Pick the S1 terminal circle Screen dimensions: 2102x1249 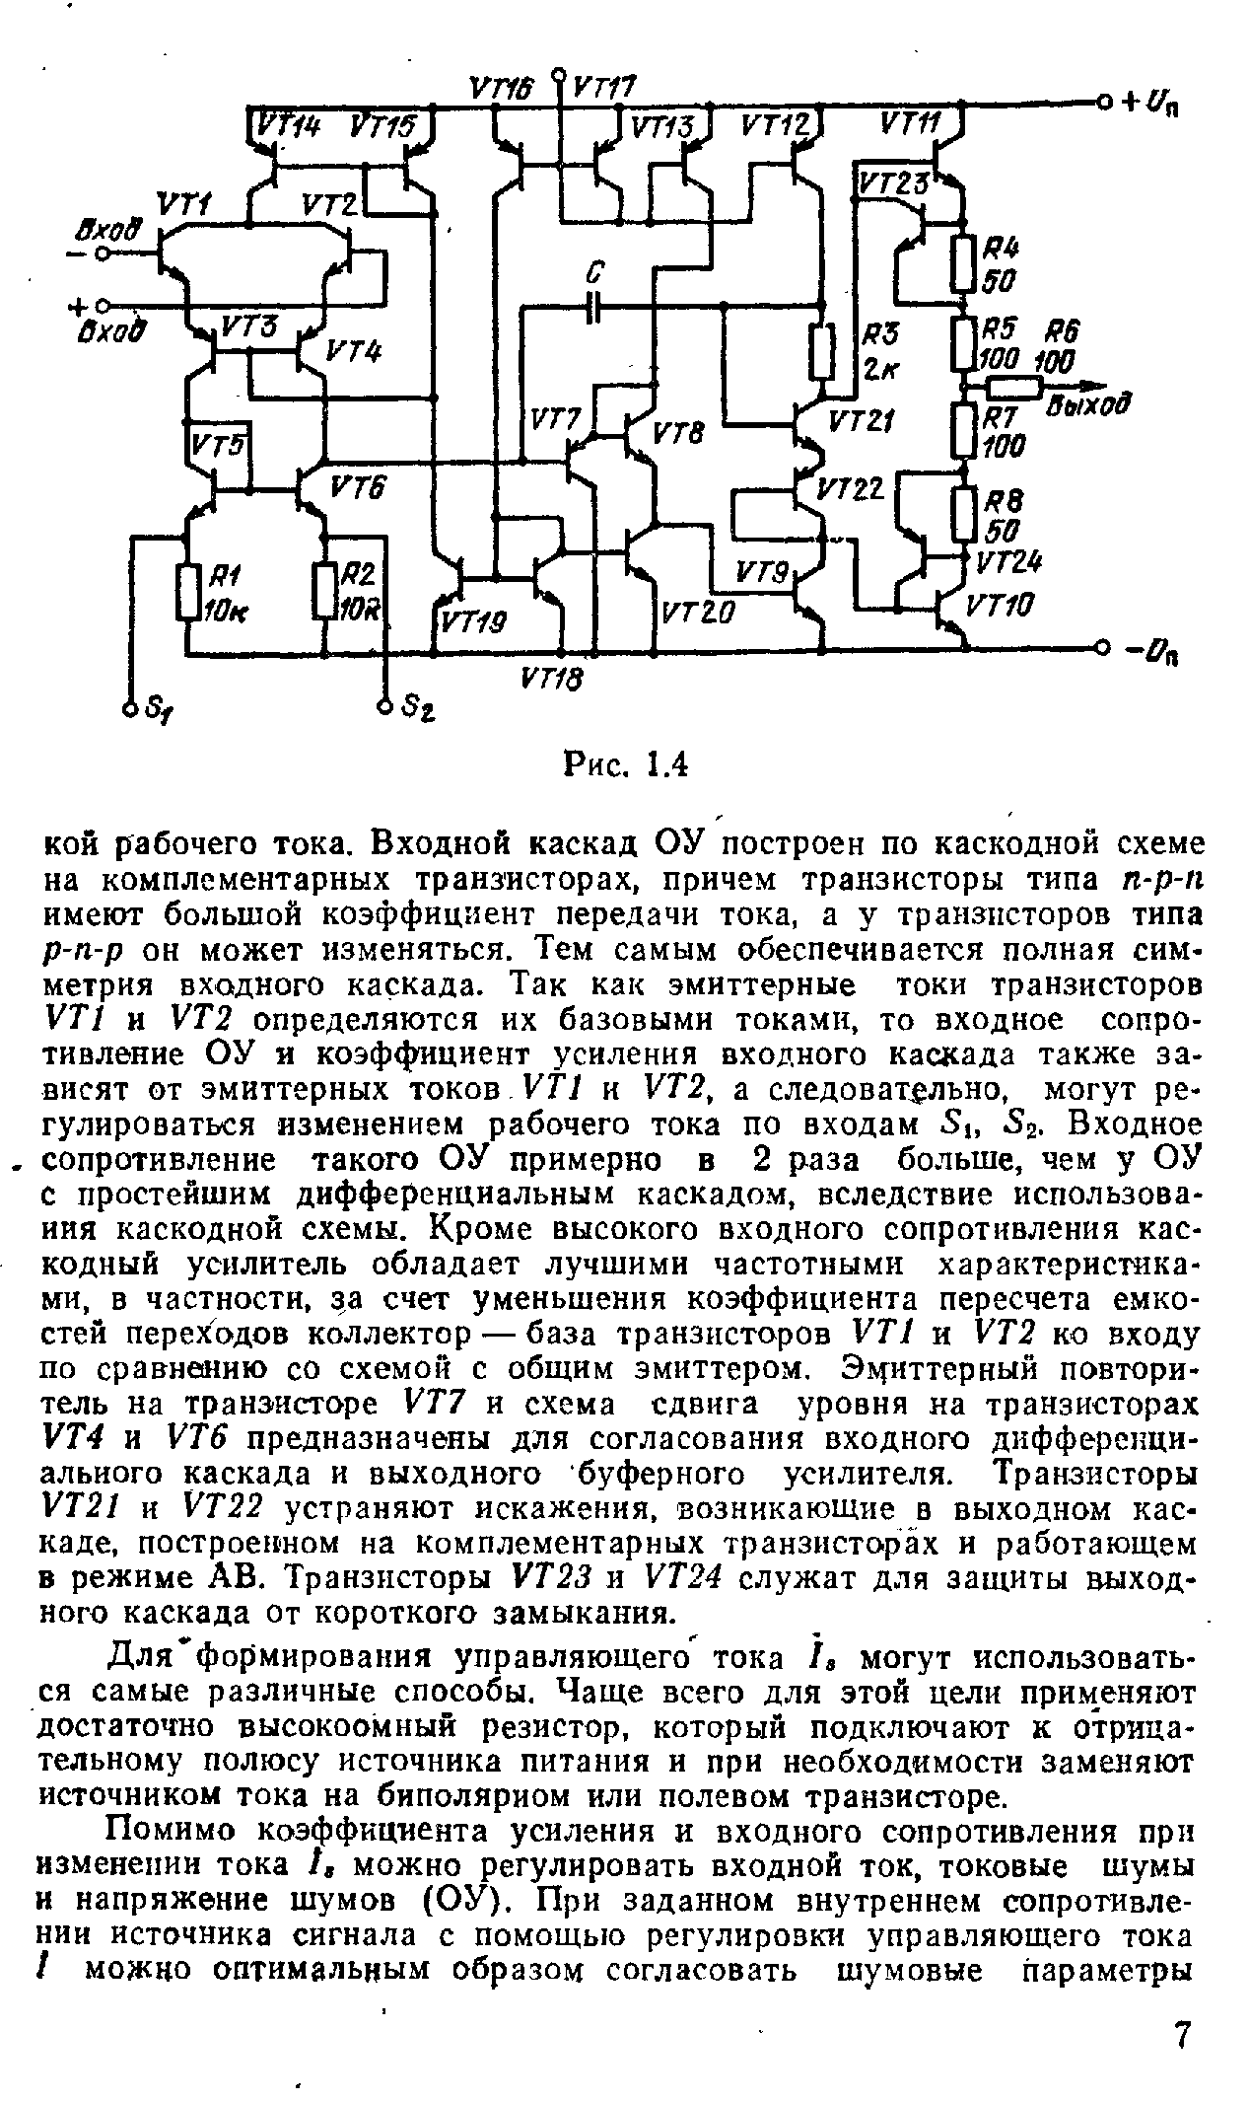pyautogui.click(x=130, y=707)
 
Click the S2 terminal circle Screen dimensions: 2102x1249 pyautogui.click(x=385, y=707)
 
